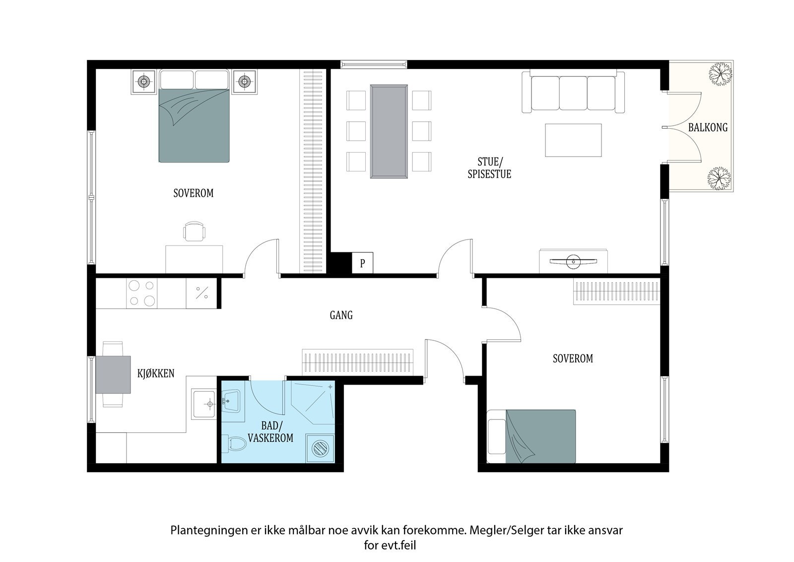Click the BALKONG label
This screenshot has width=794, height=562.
708,127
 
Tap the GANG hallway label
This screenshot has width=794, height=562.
341,315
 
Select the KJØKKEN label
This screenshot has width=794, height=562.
156,373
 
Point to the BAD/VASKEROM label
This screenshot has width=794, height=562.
270,432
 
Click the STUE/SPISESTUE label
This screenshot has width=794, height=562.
489,167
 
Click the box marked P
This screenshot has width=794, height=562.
362,263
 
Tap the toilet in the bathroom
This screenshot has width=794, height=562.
234,443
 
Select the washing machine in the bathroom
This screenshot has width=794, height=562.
321,449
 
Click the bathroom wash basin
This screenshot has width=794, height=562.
231,401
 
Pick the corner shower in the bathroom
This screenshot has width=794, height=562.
313,402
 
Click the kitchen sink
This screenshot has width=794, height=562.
204,404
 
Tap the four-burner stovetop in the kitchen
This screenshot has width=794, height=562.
142,293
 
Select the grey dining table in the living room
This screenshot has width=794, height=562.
389,131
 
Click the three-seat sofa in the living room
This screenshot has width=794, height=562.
573,91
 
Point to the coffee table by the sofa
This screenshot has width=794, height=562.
573,140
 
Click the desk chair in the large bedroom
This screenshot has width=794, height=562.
194,231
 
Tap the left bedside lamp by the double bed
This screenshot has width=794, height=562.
143,81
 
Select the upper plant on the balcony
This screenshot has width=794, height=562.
720,79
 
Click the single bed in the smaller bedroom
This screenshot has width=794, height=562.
531,436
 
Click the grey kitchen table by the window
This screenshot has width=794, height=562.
113,375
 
